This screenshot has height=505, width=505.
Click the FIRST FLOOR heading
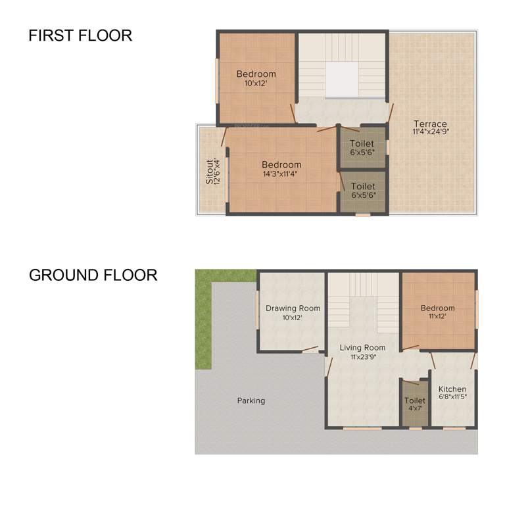pos(80,36)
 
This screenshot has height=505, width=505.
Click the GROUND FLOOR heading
pos(93,274)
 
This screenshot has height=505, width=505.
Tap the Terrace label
pos(430,124)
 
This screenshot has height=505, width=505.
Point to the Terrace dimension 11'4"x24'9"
pos(430,132)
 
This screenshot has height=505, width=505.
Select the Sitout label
pos(210,171)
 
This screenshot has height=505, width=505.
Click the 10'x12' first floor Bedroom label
pos(256,74)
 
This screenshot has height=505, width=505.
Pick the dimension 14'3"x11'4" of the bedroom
pos(281,174)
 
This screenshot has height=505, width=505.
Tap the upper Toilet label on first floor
pos(362,143)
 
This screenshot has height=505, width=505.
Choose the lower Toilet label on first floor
pos(362,186)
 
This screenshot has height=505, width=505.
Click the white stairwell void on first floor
pos(342,80)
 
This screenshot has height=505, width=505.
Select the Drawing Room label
pos(293,308)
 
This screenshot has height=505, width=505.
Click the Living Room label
pos(362,347)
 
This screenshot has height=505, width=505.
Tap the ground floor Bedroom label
pos(437,308)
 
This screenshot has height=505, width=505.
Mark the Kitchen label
pos(452,389)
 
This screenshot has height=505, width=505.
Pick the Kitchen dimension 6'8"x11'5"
pos(452,397)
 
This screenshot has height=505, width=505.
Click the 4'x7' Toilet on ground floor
pos(415,404)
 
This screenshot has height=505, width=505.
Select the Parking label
pos(251,400)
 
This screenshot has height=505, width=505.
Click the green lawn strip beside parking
pos(203,322)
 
